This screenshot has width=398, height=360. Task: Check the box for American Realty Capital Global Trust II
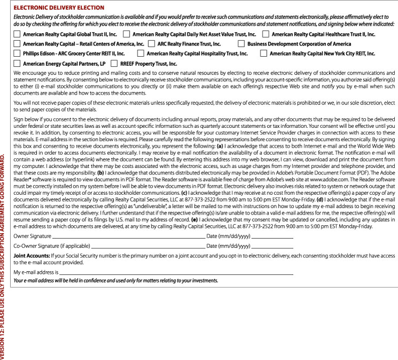[x=17, y=34]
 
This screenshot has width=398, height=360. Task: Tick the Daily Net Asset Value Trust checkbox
[x=126, y=34]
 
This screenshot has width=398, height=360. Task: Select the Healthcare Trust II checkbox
[x=266, y=34]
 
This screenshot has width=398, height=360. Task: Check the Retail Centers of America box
[x=17, y=44]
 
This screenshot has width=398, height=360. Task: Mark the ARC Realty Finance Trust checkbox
[x=151, y=44]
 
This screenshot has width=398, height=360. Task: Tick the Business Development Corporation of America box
[x=241, y=44]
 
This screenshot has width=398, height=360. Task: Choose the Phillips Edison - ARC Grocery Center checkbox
[x=17, y=53]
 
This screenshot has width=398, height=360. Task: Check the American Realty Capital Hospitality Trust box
[x=141, y=53]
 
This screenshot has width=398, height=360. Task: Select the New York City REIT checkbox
[x=264, y=53]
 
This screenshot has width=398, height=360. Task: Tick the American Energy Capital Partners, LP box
[x=17, y=63]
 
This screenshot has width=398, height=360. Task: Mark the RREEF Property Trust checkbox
[x=114, y=63]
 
